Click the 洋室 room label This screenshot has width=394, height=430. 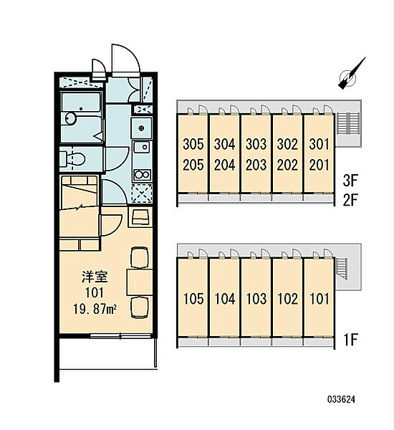95,277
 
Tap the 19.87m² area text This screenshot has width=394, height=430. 95,310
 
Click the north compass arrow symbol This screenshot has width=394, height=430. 352,74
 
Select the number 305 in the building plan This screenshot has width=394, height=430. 193,144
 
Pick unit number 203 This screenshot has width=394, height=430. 256,165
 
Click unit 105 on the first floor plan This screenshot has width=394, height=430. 193,299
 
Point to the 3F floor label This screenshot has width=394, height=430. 350,181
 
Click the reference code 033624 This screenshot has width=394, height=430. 341,399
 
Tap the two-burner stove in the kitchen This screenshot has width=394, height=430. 142,175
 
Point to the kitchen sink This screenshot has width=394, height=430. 141,148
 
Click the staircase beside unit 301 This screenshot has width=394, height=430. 347,123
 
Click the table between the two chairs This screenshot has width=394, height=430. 139,282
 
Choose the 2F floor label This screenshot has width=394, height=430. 350,200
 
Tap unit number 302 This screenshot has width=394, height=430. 287,144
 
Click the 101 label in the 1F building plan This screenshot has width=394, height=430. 319,299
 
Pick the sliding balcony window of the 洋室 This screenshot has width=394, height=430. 120,335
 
